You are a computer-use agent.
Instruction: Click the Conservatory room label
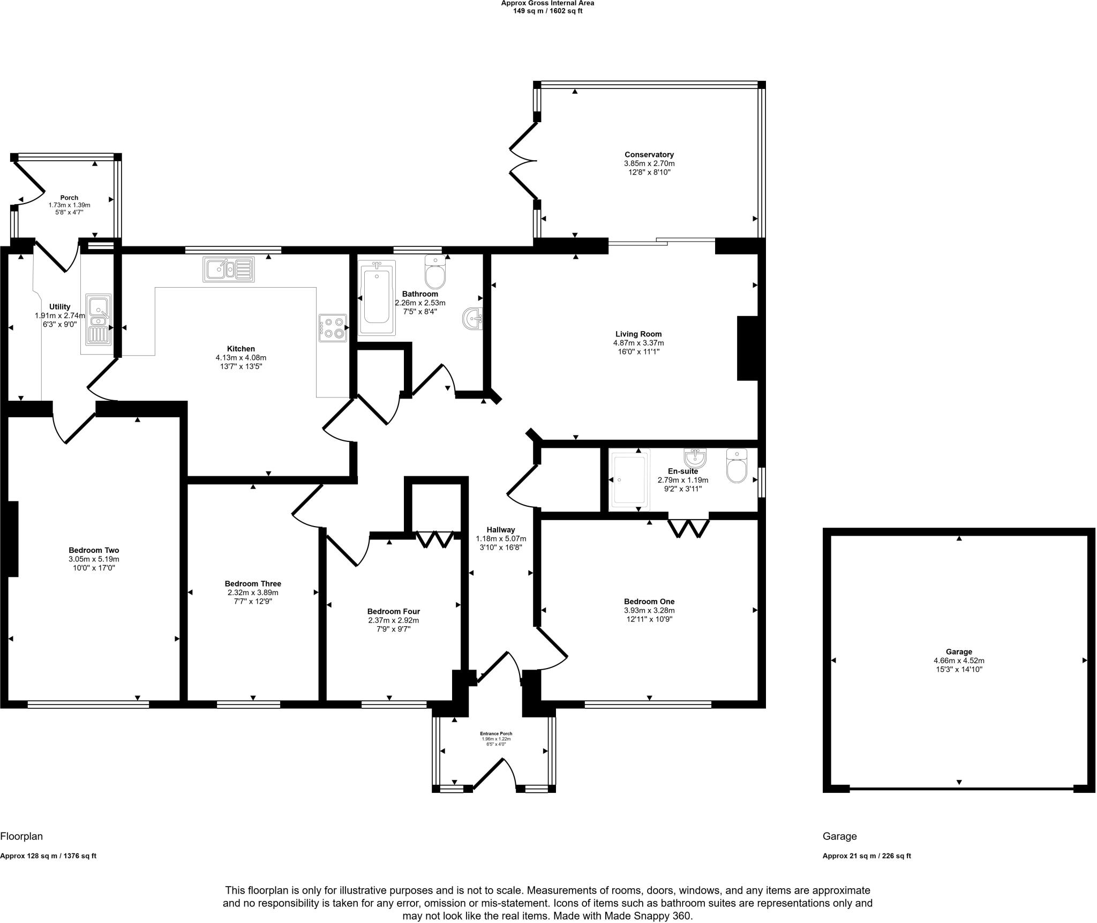pos(649,155)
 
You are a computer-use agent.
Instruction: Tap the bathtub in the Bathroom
pos(377,298)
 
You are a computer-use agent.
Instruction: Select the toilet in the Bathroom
pos(435,272)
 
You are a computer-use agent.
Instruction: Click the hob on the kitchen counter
pos(333,328)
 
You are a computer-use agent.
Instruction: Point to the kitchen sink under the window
pos(228,269)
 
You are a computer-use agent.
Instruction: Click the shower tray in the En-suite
pos(629,479)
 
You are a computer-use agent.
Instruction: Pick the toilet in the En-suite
pos(737,466)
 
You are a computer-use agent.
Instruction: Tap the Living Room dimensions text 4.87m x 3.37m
pos(638,343)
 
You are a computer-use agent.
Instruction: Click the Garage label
pos(958,652)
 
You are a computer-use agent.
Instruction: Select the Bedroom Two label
pos(94,550)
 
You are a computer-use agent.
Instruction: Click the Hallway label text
pos(501,530)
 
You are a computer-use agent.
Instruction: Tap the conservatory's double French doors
pos(522,160)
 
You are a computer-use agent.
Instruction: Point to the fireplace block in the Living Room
pos(747,348)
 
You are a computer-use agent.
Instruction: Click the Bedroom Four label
pos(393,611)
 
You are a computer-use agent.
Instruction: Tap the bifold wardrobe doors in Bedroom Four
pos(434,539)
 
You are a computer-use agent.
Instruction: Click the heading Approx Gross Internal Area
pos(547,3)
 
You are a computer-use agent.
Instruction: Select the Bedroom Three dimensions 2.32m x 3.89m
pos(253,592)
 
